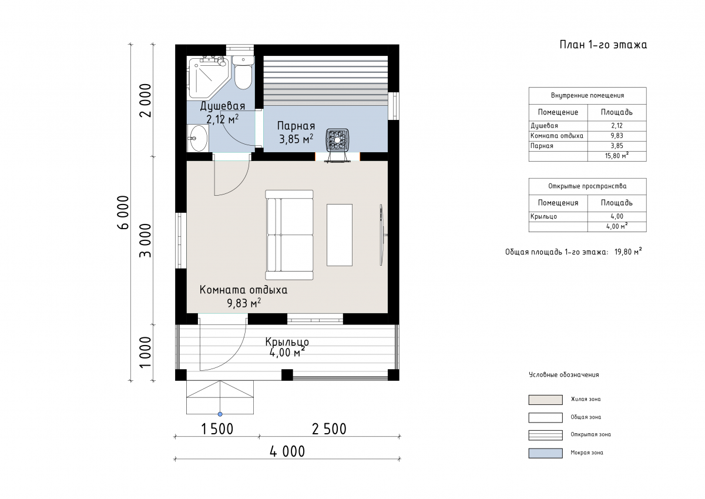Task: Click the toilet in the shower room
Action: pyautogui.click(x=243, y=72)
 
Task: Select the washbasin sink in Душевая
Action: pyautogui.click(x=198, y=138)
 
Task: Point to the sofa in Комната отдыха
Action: pyautogui.click(x=289, y=235)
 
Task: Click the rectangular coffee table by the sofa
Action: pyautogui.click(x=340, y=235)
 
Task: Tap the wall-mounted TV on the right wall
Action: pyautogui.click(x=382, y=235)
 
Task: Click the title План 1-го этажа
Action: pyautogui.click(x=603, y=45)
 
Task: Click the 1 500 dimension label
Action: pyautogui.click(x=217, y=429)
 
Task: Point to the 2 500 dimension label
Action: pyautogui.click(x=329, y=429)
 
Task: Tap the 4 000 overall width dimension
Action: pyautogui.click(x=287, y=451)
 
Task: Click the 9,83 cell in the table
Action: pyautogui.click(x=617, y=136)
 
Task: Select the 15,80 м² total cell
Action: pyautogui.click(x=617, y=156)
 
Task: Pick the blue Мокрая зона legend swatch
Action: pyautogui.click(x=545, y=453)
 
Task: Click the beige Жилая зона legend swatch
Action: pyautogui.click(x=545, y=400)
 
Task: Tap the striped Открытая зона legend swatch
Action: pyautogui.click(x=545, y=435)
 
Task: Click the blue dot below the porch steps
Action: pyautogui.click(x=220, y=414)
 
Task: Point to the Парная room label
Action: pyautogui.click(x=296, y=126)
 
